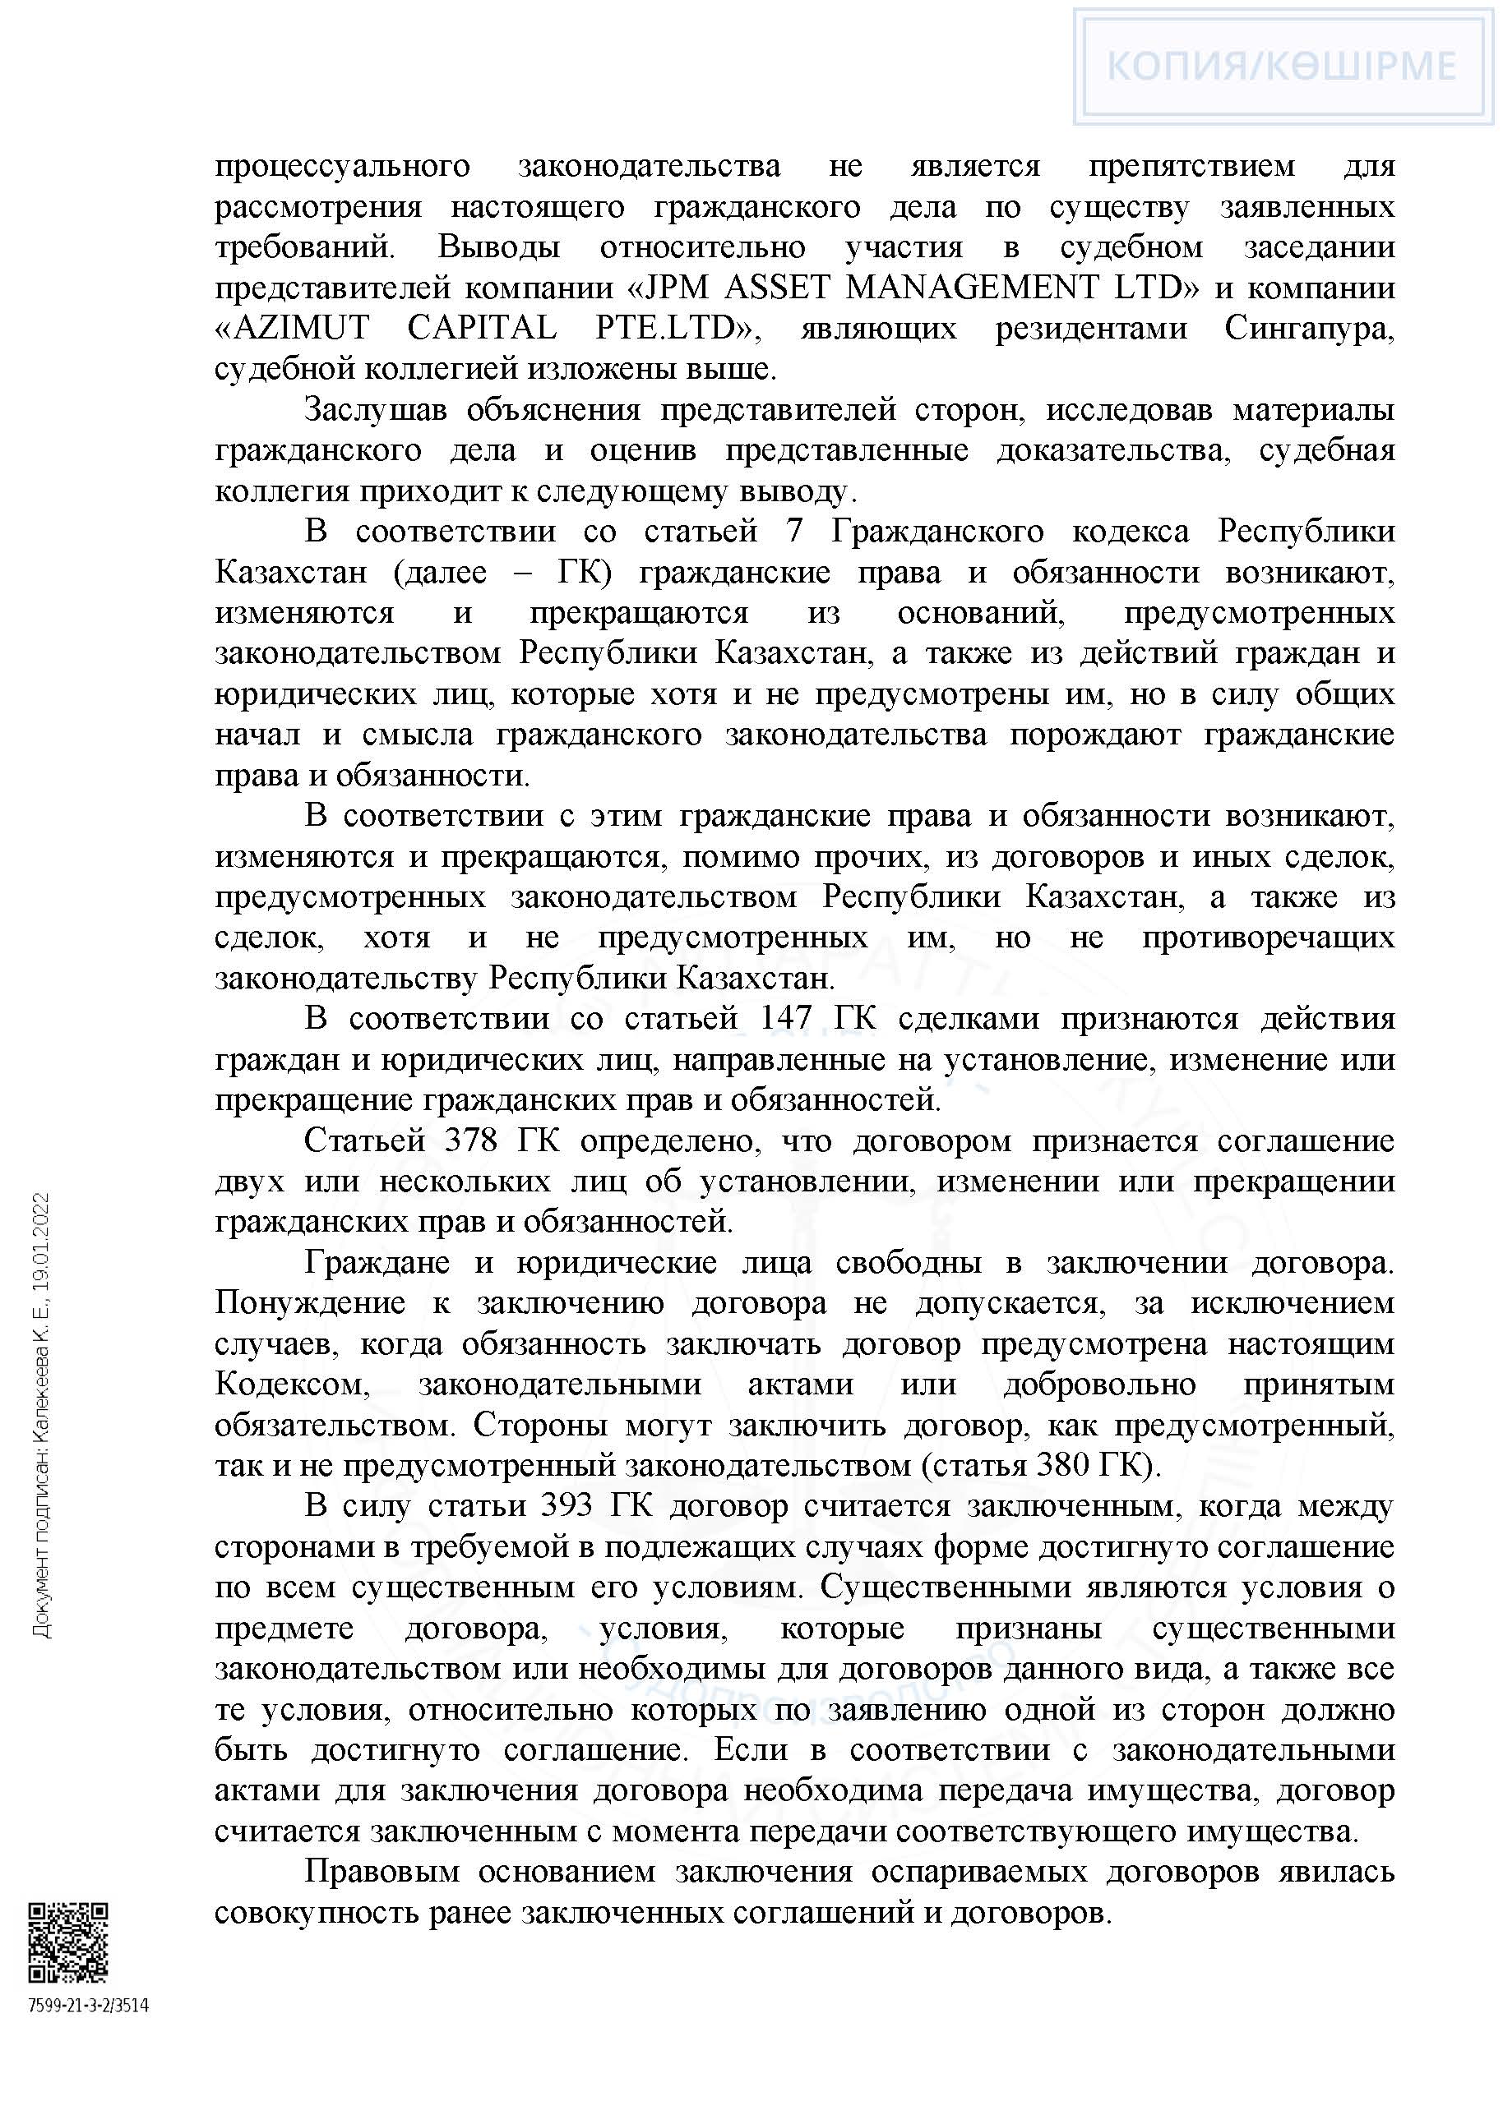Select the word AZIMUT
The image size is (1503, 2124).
(x=293, y=329)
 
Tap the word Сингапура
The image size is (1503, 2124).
(x=1309, y=329)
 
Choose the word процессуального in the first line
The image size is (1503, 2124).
(x=342, y=167)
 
